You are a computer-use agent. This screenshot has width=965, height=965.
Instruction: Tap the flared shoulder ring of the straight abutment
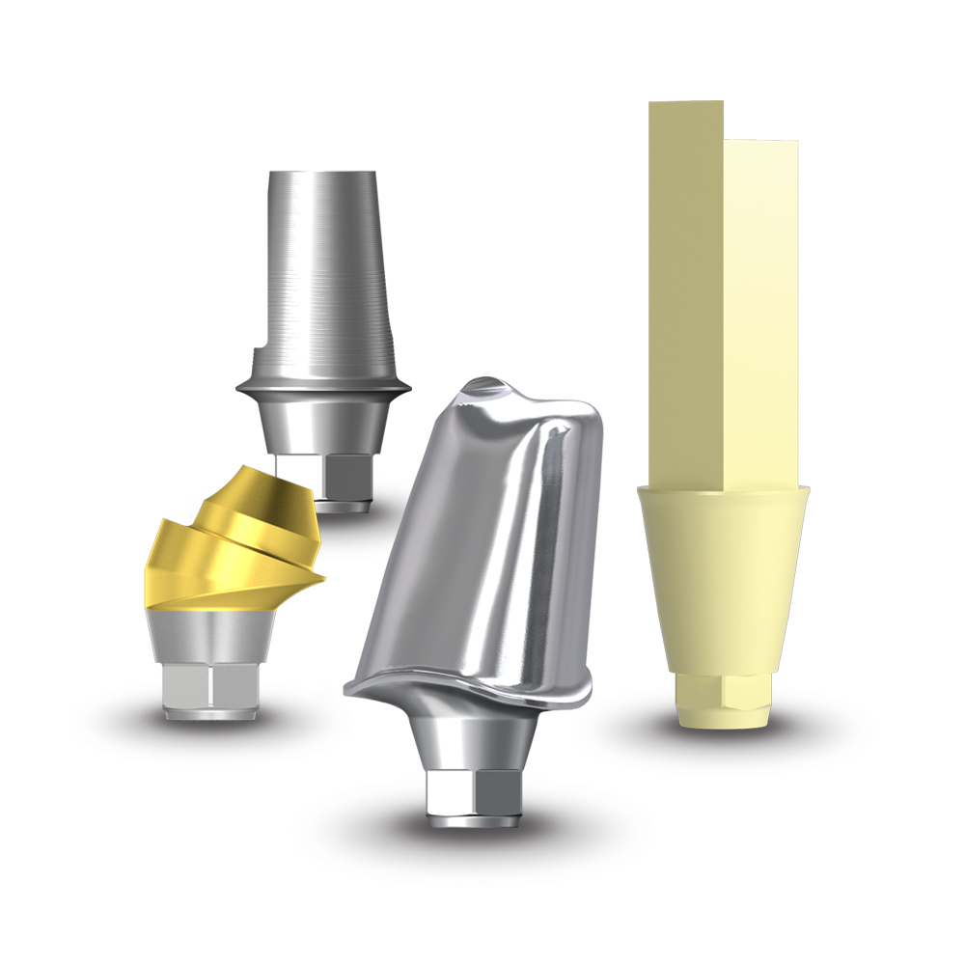(323, 386)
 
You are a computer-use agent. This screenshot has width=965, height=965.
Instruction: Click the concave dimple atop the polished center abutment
(482, 388)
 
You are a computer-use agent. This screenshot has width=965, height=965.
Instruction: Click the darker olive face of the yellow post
(685, 289)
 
